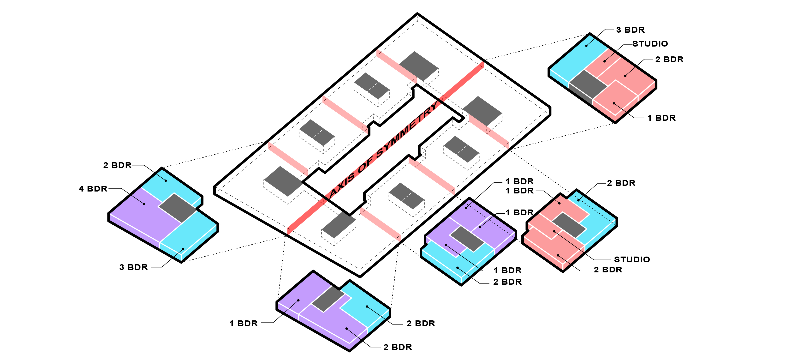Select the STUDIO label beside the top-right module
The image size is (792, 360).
coord(650,44)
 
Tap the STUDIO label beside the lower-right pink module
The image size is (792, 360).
coord(632,259)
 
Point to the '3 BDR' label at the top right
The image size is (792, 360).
coord(630,30)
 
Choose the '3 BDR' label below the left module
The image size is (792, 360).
coord(133,267)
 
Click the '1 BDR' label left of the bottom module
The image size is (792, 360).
coord(244,324)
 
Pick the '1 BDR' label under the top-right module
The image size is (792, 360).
coord(661,118)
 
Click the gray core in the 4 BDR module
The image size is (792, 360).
coord(177,208)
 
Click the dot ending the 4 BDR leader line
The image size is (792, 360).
coord(144,204)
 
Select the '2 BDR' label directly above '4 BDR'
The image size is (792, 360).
coord(117,165)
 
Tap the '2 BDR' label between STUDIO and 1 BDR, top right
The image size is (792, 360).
coord(669,59)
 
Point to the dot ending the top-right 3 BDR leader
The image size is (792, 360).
coord(586,46)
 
